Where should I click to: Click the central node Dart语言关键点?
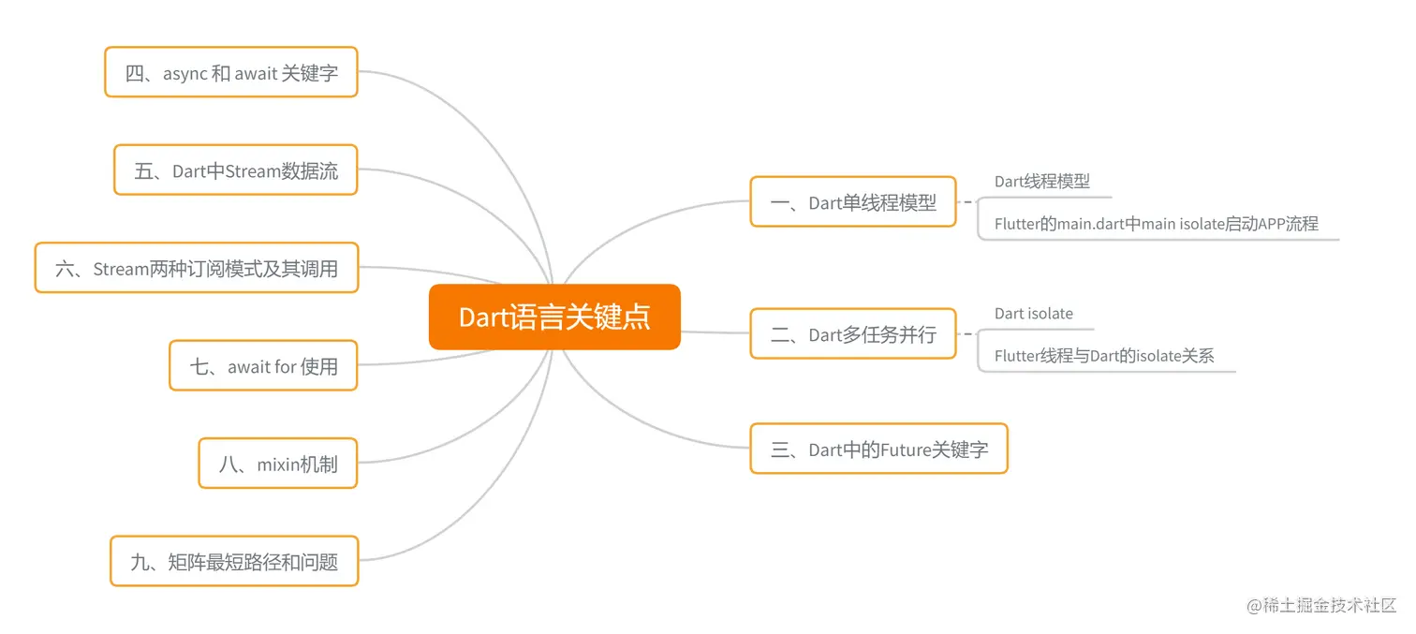[x=554, y=317]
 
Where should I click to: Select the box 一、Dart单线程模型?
[x=853, y=202]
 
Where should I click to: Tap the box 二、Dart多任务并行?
[x=853, y=334]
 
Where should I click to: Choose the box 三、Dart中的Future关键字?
[x=878, y=450]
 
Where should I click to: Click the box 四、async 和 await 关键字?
[x=231, y=73]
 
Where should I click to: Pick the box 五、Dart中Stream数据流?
[x=236, y=170]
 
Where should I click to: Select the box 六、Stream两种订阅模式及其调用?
[x=197, y=269]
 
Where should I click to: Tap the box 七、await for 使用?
[x=263, y=366]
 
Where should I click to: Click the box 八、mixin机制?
[x=278, y=464]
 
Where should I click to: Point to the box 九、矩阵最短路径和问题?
[x=234, y=562]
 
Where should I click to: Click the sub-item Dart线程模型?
[x=1042, y=182]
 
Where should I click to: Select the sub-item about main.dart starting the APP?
[x=1156, y=224]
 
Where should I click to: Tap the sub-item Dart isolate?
[x=1034, y=314]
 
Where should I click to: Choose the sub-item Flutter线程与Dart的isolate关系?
[x=1104, y=356]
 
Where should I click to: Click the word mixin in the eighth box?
[x=277, y=464]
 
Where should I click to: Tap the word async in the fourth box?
[x=185, y=73]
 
